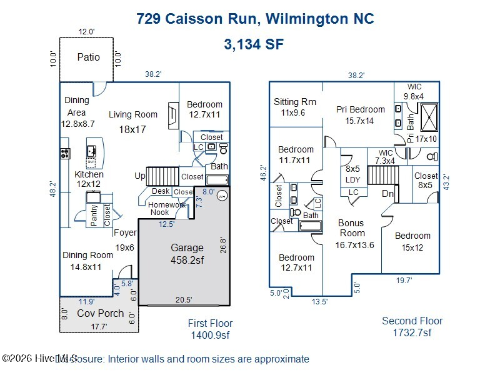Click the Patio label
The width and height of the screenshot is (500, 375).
pyautogui.click(x=88, y=57)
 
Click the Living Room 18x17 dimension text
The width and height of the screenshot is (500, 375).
pyautogui.click(x=132, y=129)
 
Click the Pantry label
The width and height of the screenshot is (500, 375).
pyautogui.click(x=94, y=215)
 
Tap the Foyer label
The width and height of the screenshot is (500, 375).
pyautogui.click(x=126, y=232)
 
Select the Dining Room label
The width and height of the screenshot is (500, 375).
pyautogui.click(x=87, y=255)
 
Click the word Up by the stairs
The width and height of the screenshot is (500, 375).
pyautogui.click(x=141, y=176)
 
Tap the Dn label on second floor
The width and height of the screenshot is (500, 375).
pyautogui.click(x=387, y=194)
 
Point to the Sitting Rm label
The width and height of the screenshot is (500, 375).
pyautogui.click(x=295, y=102)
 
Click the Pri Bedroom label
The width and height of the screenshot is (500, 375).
pyautogui.click(x=361, y=109)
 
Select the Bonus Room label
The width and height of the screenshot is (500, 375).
pyautogui.click(x=351, y=227)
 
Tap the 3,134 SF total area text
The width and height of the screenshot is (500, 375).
pyautogui.click(x=254, y=44)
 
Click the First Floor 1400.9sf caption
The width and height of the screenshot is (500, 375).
pyautogui.click(x=211, y=329)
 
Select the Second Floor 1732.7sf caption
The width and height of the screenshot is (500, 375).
pyautogui.click(x=412, y=326)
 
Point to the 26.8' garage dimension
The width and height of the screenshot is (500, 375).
pyautogui.click(x=222, y=244)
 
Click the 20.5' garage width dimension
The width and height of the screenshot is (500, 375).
pyautogui.click(x=184, y=299)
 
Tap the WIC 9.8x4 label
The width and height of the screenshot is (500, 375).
pyautogui.click(x=414, y=91)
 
